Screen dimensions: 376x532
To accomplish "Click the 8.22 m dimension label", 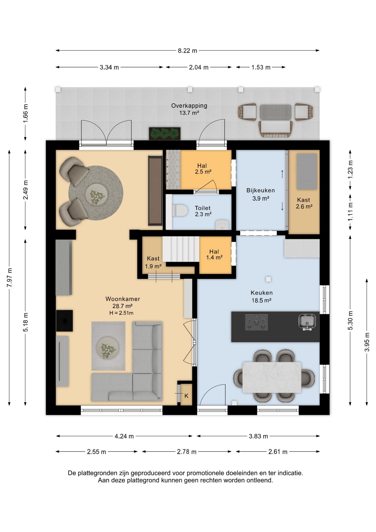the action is (x=187, y=51).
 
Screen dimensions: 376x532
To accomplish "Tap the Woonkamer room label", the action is (x=123, y=299).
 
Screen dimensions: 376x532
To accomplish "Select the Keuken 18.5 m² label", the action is (x=262, y=296).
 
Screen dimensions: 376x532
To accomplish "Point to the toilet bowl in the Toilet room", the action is (x=180, y=211).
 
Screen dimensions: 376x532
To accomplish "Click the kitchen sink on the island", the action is (x=307, y=322).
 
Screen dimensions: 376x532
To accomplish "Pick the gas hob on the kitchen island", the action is (x=256, y=322).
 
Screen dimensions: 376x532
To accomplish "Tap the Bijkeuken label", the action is (x=261, y=190).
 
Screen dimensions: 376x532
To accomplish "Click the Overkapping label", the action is (x=189, y=106).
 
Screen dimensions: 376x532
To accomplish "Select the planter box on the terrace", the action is (x=165, y=134).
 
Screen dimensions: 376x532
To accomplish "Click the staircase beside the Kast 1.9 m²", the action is (x=181, y=249).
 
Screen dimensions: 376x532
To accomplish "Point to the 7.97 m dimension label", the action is (x=10, y=278).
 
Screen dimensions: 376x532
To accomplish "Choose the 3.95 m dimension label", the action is (x=367, y=342).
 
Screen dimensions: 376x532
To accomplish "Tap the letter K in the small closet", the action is (x=186, y=396).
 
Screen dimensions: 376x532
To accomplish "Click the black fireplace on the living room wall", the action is (x=65, y=321).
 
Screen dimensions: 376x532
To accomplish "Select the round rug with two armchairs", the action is (x=96, y=193).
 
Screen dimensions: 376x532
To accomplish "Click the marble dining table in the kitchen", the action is (x=272, y=377).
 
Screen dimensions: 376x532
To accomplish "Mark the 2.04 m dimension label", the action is (x=199, y=67).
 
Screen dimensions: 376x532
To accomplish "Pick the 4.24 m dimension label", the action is (x=124, y=436).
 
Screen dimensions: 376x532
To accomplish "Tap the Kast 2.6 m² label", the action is (x=304, y=203).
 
